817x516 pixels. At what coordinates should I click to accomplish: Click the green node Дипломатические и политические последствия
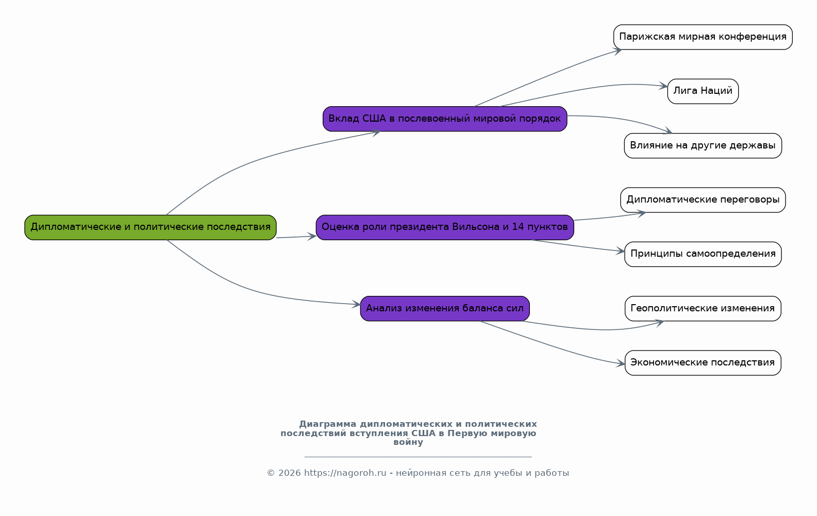click(151, 227)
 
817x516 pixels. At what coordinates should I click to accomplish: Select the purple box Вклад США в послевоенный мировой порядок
click(445, 119)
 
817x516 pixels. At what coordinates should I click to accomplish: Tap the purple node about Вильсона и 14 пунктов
click(445, 227)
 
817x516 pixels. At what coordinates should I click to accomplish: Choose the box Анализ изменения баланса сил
click(445, 308)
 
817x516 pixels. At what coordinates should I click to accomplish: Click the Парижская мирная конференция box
click(703, 37)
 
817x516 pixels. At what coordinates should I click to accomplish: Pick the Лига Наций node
click(703, 92)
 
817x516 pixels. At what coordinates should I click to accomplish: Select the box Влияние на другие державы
click(703, 146)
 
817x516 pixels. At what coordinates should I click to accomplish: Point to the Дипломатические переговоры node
click(703, 200)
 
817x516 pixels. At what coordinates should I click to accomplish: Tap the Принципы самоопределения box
click(703, 254)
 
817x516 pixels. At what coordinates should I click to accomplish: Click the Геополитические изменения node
click(703, 308)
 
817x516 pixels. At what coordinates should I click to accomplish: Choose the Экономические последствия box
click(703, 363)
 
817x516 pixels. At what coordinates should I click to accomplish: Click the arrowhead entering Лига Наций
click(663, 87)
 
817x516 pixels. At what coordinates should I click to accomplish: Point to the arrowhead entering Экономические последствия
click(621, 363)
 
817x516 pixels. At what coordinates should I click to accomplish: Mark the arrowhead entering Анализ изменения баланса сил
click(356, 304)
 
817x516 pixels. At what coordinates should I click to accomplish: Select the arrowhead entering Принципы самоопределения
click(621, 251)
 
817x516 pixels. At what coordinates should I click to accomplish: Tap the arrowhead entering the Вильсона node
click(312, 237)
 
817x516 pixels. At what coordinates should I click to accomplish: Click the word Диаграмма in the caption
click(327, 424)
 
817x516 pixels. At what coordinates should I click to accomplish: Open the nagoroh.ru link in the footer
click(345, 473)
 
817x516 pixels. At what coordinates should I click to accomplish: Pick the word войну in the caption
click(408, 442)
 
